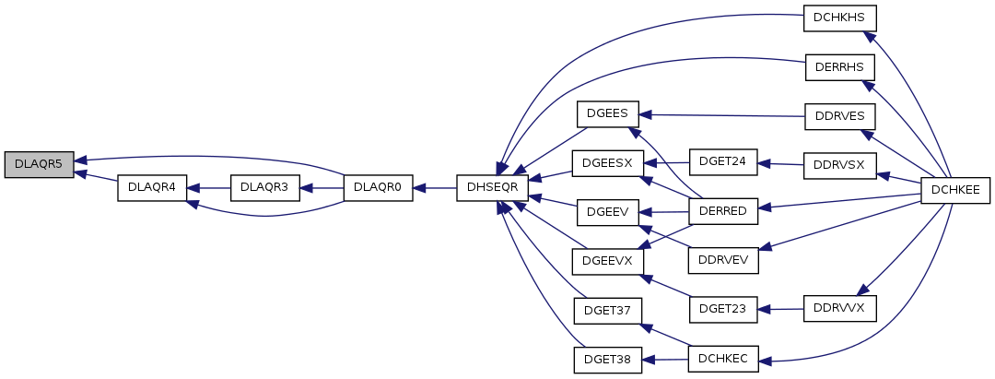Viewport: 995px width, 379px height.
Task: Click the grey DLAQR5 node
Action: click(x=38, y=165)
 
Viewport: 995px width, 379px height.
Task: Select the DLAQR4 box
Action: click(x=152, y=187)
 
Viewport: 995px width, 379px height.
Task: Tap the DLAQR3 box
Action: click(x=264, y=187)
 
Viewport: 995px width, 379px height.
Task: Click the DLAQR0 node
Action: click(x=378, y=187)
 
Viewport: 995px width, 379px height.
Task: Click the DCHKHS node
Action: click(x=839, y=18)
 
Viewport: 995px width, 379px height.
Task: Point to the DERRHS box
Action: click(x=839, y=67)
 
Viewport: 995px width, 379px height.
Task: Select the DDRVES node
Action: click(x=839, y=117)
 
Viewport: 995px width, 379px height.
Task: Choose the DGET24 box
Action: click(x=723, y=160)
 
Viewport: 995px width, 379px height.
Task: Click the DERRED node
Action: click(x=723, y=212)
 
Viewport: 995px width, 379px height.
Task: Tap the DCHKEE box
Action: click(x=956, y=188)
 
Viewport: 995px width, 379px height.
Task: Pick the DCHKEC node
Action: click(x=723, y=359)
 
